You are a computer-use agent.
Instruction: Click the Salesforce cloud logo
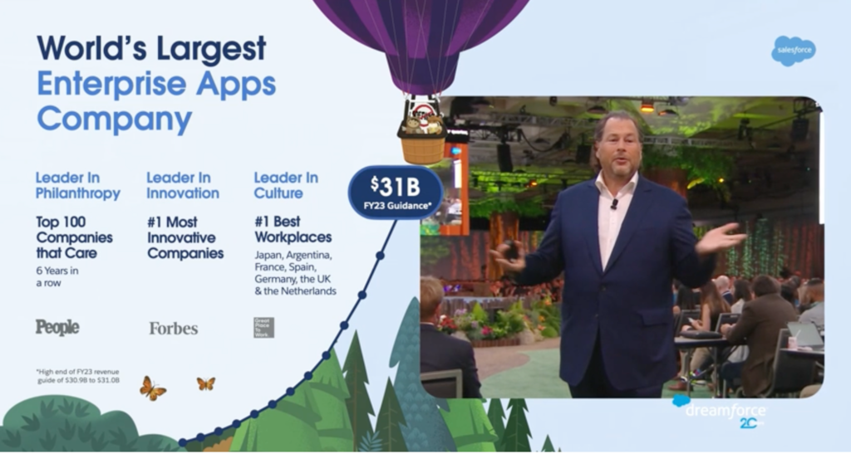point(793,51)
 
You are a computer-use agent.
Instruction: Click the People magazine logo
point(57,327)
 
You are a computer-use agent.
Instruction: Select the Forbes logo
point(173,328)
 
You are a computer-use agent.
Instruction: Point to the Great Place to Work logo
point(263,327)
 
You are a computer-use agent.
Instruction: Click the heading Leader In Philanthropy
point(77,185)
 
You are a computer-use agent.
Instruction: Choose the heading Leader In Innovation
point(183,185)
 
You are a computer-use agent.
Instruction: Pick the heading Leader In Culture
point(286,185)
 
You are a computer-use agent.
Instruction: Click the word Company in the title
point(114,119)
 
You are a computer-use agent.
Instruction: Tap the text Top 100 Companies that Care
point(74,237)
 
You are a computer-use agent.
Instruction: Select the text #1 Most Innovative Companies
point(185,237)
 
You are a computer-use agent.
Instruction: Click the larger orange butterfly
point(152,387)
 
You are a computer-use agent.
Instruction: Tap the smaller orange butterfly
point(205,383)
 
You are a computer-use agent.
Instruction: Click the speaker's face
point(618,144)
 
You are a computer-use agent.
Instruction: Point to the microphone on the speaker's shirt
point(614,203)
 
